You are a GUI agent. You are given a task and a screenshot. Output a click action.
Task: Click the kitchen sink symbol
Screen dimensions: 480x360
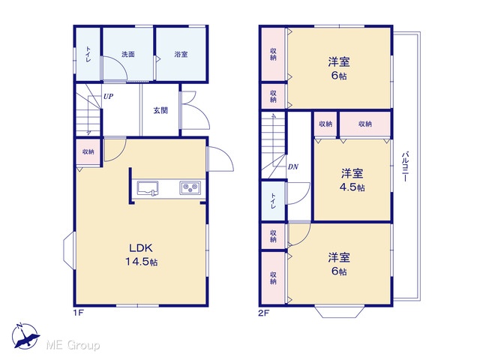[x=148, y=188]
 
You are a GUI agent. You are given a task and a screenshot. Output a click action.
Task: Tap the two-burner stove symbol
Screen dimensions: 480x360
[x=190, y=187]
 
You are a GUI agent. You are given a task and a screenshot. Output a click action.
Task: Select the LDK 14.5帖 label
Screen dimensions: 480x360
[x=141, y=255]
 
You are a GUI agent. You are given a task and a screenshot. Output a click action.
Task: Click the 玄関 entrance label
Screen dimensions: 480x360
[x=160, y=110]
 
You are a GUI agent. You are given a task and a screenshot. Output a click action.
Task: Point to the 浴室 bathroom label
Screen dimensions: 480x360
[x=181, y=55]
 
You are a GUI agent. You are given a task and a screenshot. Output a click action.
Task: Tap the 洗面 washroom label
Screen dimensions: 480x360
[x=128, y=55]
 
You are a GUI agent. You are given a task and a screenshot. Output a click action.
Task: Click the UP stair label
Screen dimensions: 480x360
[x=108, y=97]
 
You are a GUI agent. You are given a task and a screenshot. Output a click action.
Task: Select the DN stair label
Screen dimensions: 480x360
[x=293, y=167]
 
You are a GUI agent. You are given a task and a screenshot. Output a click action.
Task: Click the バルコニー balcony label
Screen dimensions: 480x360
[x=405, y=166]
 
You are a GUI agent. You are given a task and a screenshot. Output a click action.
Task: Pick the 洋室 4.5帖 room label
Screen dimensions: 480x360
[x=352, y=180]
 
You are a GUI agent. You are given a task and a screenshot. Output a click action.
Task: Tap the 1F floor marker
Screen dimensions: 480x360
[x=79, y=313]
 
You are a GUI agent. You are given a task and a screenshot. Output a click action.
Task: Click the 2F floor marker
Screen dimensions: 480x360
[x=264, y=313]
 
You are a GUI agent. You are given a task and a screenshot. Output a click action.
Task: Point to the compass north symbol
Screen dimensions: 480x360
[x=25, y=335]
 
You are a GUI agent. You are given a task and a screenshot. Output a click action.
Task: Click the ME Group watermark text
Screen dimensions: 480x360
[x=73, y=345]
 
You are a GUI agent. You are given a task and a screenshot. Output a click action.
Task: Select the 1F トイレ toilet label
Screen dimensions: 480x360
[x=88, y=55]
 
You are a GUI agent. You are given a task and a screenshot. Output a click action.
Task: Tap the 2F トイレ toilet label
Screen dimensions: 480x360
[x=273, y=201]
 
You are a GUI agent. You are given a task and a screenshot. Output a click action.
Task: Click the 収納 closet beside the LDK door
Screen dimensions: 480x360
[x=88, y=152]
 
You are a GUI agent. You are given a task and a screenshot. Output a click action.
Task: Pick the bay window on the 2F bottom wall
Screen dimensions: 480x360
[x=340, y=312]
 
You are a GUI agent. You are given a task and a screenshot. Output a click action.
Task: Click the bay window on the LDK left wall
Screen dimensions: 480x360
[x=69, y=250]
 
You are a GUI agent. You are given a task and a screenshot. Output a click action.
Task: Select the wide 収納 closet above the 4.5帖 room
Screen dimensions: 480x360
[x=365, y=124]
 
